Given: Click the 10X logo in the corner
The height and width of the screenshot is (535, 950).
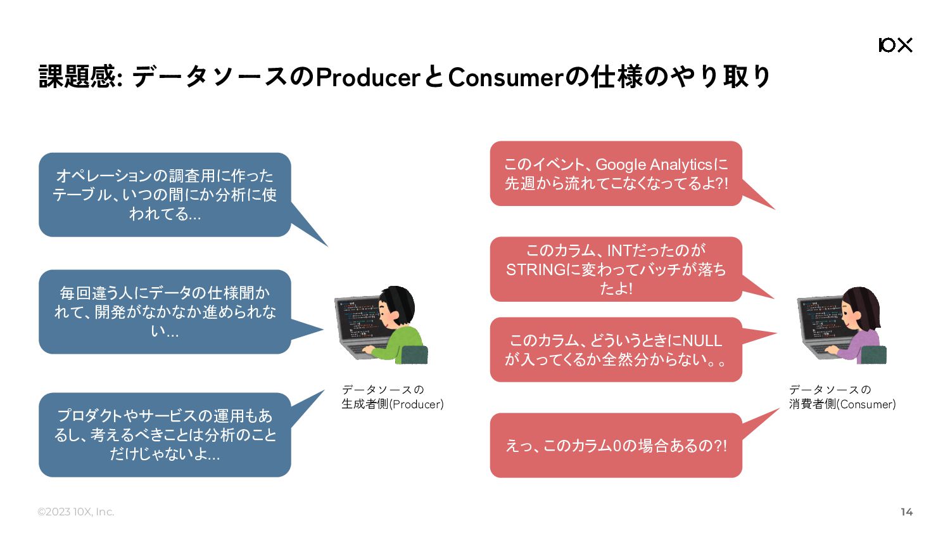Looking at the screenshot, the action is click(896, 45).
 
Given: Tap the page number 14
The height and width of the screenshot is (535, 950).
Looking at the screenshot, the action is click(906, 512).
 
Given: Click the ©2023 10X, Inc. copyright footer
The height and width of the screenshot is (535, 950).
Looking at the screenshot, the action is click(75, 512).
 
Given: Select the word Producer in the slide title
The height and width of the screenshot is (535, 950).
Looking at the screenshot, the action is click(368, 77).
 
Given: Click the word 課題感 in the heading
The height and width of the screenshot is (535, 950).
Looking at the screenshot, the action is click(77, 77).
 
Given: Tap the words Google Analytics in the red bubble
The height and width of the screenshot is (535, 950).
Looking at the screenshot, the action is click(654, 165).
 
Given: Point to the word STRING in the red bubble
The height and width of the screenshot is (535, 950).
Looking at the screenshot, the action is click(536, 269).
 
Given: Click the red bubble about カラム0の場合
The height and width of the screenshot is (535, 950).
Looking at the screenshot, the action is click(616, 446).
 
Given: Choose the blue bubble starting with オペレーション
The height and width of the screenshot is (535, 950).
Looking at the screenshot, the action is click(165, 195).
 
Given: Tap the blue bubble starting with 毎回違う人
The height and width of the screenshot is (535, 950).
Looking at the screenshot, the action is click(165, 312).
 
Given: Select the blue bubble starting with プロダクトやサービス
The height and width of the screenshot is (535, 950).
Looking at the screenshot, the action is click(165, 435).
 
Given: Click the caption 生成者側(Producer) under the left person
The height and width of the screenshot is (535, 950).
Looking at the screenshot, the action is click(392, 404).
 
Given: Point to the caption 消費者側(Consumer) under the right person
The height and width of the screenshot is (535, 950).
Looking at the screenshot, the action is click(842, 404).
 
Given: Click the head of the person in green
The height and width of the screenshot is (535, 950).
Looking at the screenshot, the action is click(396, 307).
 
